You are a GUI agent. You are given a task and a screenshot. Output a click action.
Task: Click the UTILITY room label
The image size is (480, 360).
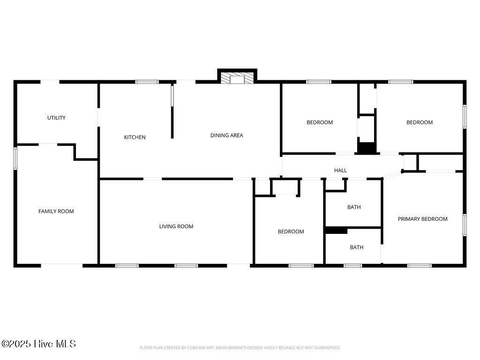click(x=56, y=118)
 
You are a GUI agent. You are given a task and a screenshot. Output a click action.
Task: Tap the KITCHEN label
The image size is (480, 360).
click(x=135, y=137)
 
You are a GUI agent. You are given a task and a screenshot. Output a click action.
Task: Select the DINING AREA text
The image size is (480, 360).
click(x=226, y=135)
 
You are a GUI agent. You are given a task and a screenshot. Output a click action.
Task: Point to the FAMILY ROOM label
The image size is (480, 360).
click(x=56, y=211)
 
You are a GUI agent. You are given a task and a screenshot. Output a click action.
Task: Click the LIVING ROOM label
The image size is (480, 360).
click(x=176, y=226)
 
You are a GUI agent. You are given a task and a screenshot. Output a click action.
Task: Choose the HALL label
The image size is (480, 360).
click(x=340, y=170)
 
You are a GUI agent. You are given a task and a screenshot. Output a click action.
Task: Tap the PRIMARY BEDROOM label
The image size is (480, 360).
click(x=422, y=219)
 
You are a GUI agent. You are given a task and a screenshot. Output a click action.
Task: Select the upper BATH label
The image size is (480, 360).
click(x=354, y=207)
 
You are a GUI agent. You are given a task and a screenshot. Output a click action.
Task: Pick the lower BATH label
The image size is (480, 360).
click(x=356, y=247)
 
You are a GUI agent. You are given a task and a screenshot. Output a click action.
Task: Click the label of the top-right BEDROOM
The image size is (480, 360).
click(x=419, y=122)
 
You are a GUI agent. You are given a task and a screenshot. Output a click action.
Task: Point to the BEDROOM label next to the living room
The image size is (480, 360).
click(x=291, y=232)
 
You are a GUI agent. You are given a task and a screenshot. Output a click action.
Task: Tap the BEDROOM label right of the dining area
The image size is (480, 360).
click(x=320, y=122)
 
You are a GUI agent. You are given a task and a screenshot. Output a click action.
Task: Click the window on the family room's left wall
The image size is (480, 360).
click(x=15, y=158)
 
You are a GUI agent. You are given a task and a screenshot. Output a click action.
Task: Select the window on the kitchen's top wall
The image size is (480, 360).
click(x=147, y=82)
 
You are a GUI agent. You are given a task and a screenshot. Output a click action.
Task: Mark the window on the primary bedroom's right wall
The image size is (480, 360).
click(x=465, y=225)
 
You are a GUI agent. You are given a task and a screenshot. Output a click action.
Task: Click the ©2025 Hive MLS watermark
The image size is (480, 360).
click(x=38, y=344)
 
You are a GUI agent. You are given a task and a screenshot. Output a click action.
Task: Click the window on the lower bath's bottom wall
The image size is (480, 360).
click(x=352, y=266)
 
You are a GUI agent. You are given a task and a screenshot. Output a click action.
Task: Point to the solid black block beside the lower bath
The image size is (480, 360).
click(x=336, y=231)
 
